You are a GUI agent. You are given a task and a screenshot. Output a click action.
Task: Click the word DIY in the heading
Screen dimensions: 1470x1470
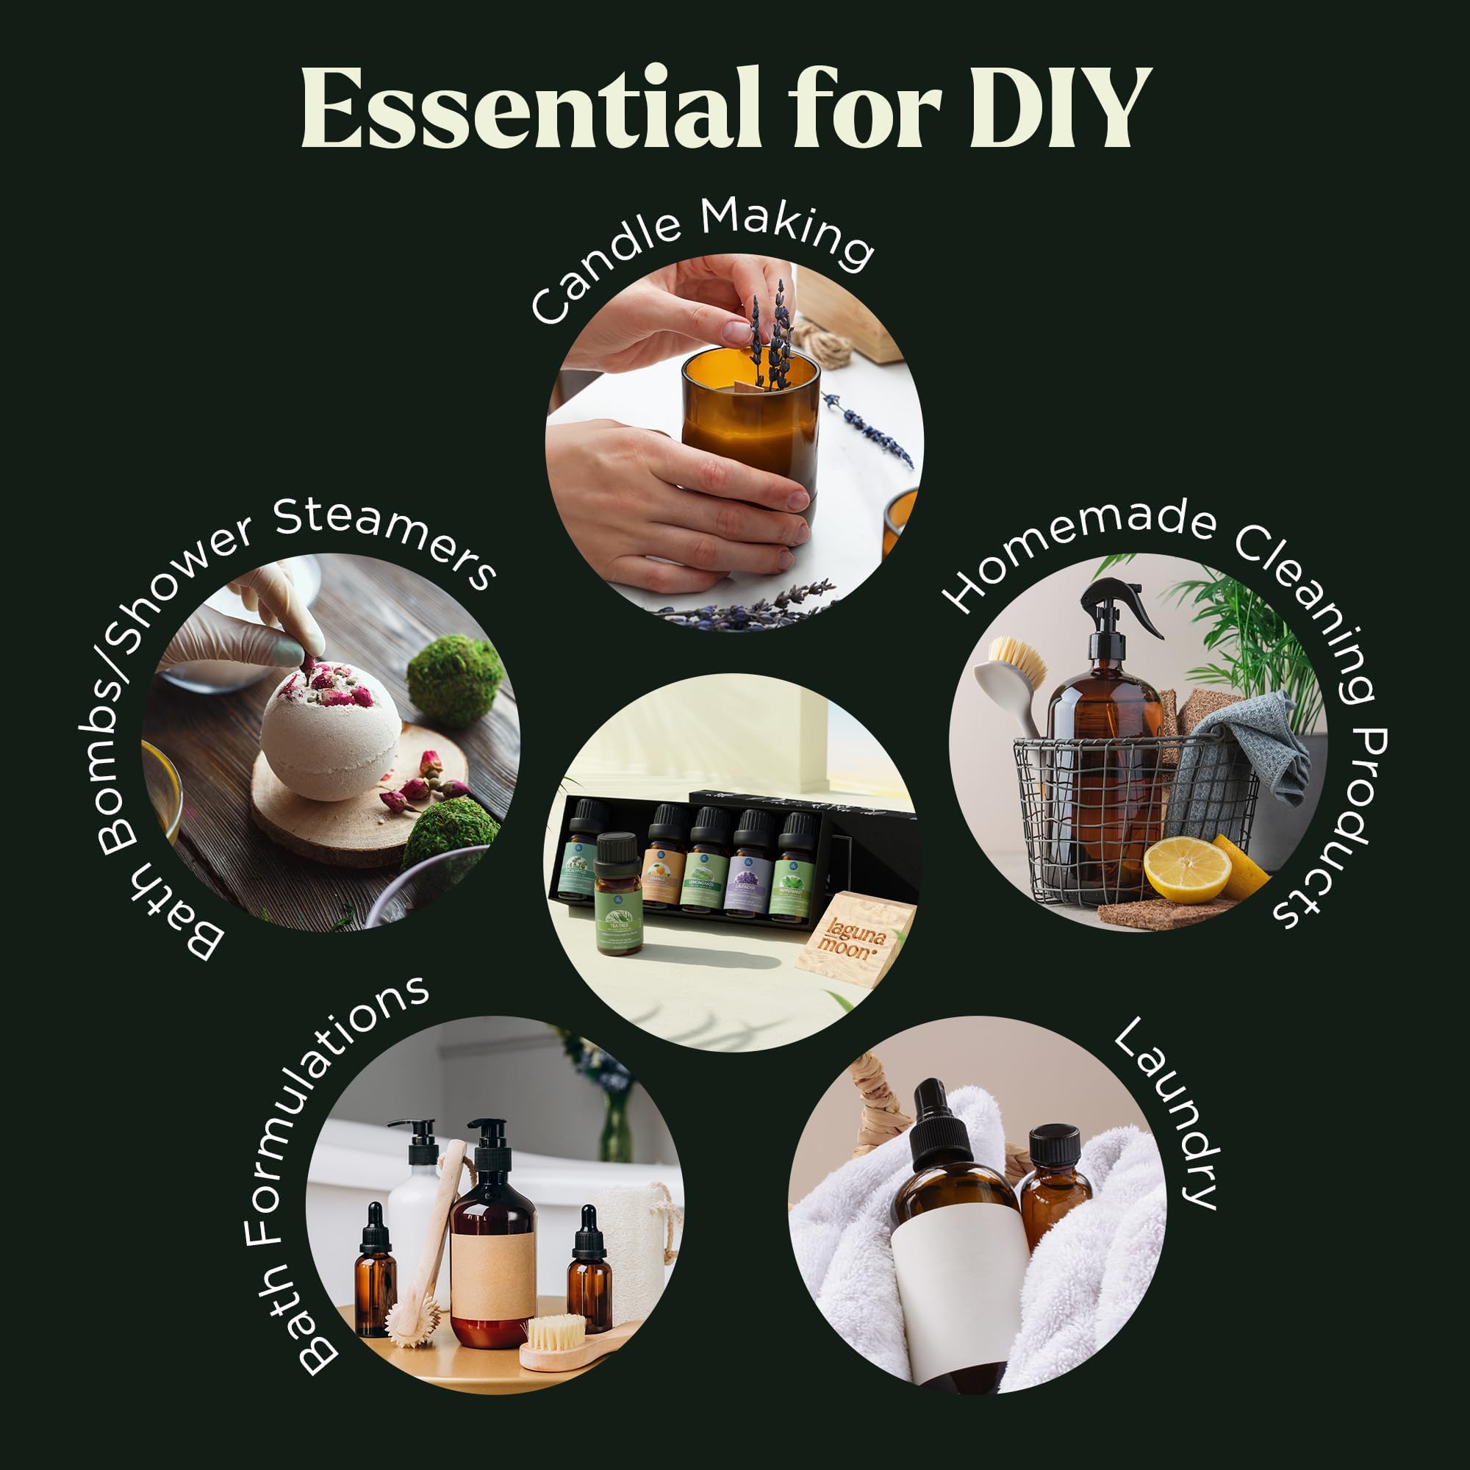click(1059, 107)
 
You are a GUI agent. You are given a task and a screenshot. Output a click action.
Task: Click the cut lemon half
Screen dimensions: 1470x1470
click(1186, 869)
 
